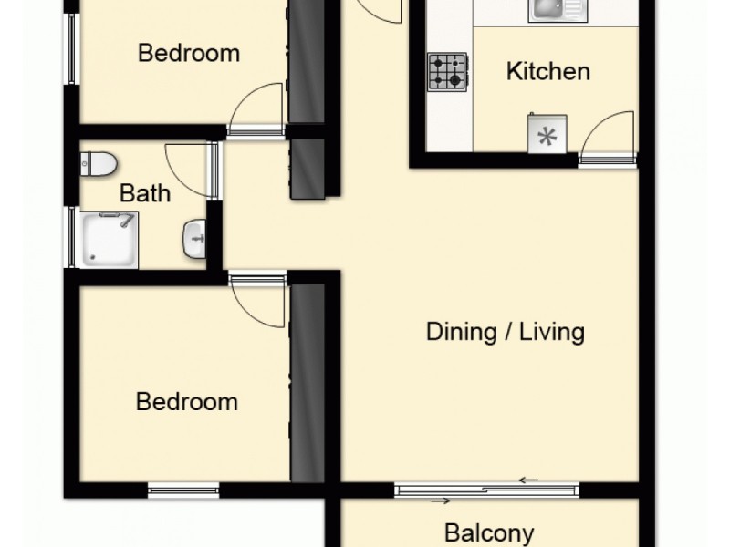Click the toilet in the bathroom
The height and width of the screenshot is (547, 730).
(98, 164)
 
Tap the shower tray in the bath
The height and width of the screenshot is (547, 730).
(109, 240)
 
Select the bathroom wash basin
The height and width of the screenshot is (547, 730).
(194, 239)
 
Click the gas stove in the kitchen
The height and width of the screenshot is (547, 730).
(447, 72)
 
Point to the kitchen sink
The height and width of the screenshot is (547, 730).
(558, 10)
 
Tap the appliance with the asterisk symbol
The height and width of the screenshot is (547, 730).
(547, 134)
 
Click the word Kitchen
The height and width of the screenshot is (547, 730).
(548, 72)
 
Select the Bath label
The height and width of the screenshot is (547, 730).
(145, 193)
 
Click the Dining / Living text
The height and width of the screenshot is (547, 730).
(506, 332)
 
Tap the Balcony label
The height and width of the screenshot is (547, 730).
(489, 533)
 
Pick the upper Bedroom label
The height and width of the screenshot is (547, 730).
(189, 53)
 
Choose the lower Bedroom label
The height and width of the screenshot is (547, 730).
(187, 401)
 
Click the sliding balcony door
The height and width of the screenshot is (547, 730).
(486, 490)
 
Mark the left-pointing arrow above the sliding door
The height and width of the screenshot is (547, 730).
(529, 480)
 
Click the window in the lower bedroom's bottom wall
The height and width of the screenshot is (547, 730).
(183, 490)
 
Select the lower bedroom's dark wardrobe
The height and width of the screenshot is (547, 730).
(308, 383)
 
